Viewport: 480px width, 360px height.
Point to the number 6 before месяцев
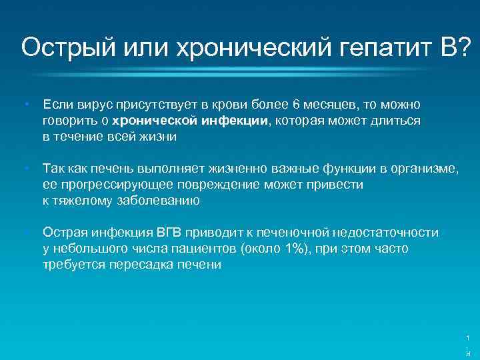295,105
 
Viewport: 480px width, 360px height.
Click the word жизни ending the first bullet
158,137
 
